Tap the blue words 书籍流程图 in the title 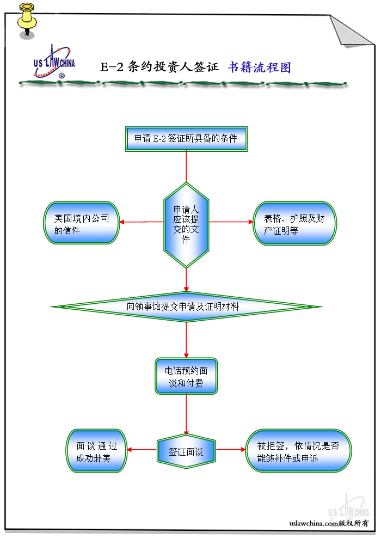[260, 68]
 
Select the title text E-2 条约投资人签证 [159, 68]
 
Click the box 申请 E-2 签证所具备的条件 [186, 138]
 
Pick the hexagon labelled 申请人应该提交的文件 [186, 224]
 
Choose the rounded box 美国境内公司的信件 [82, 223]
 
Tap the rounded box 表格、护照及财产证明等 [294, 223]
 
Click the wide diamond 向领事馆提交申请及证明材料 [186, 307]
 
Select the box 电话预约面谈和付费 [186, 376]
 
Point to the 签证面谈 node [186, 451]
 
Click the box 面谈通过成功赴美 [97, 451]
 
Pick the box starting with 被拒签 [298, 451]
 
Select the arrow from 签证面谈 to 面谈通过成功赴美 [142, 450]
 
